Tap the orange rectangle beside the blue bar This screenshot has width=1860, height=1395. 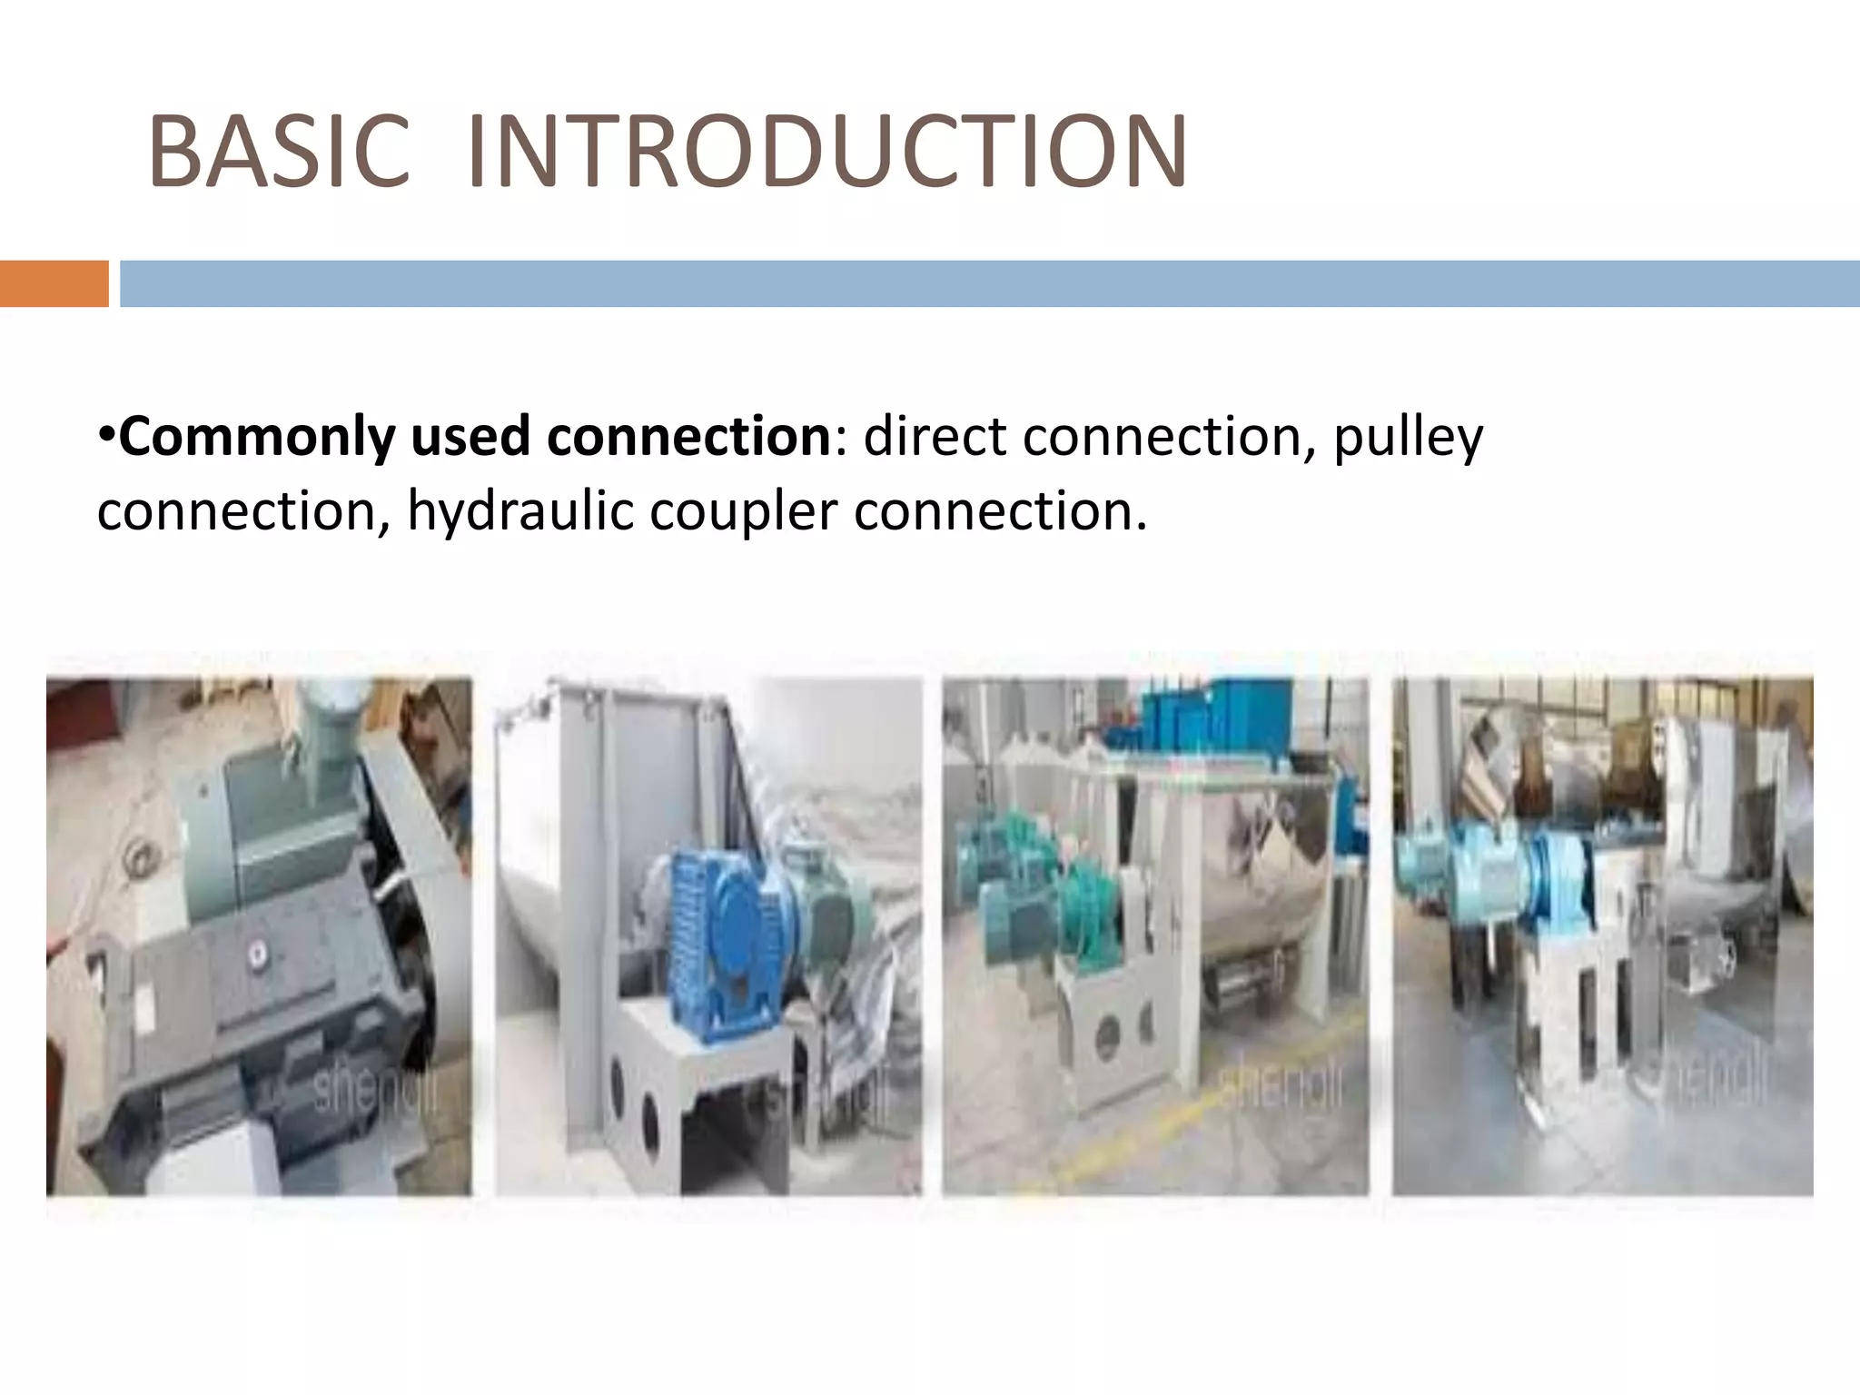tap(54, 283)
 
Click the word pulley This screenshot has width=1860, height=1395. tap(1408, 438)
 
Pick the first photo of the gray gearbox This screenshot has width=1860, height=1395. tap(259, 935)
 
